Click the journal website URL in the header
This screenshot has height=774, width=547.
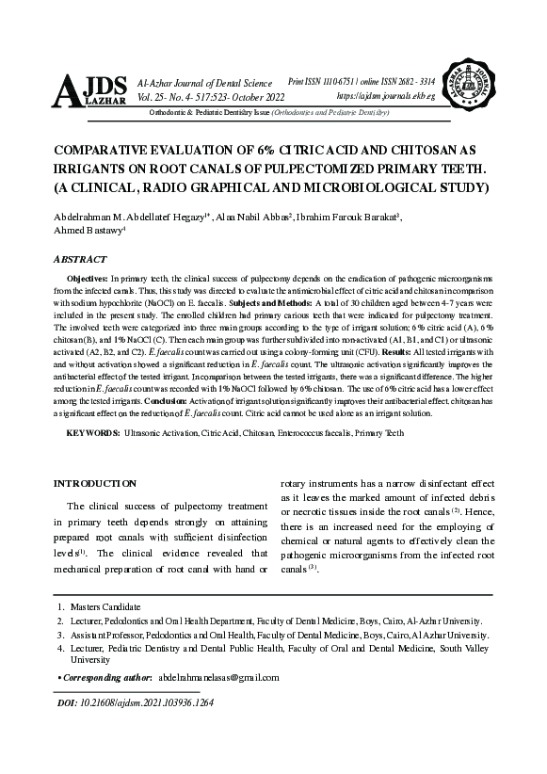(385, 97)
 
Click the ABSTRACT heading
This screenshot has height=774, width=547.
(80, 258)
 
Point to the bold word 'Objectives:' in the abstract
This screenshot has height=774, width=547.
(88, 281)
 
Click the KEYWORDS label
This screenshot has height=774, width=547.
(92, 432)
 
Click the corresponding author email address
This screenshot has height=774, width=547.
(220, 677)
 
